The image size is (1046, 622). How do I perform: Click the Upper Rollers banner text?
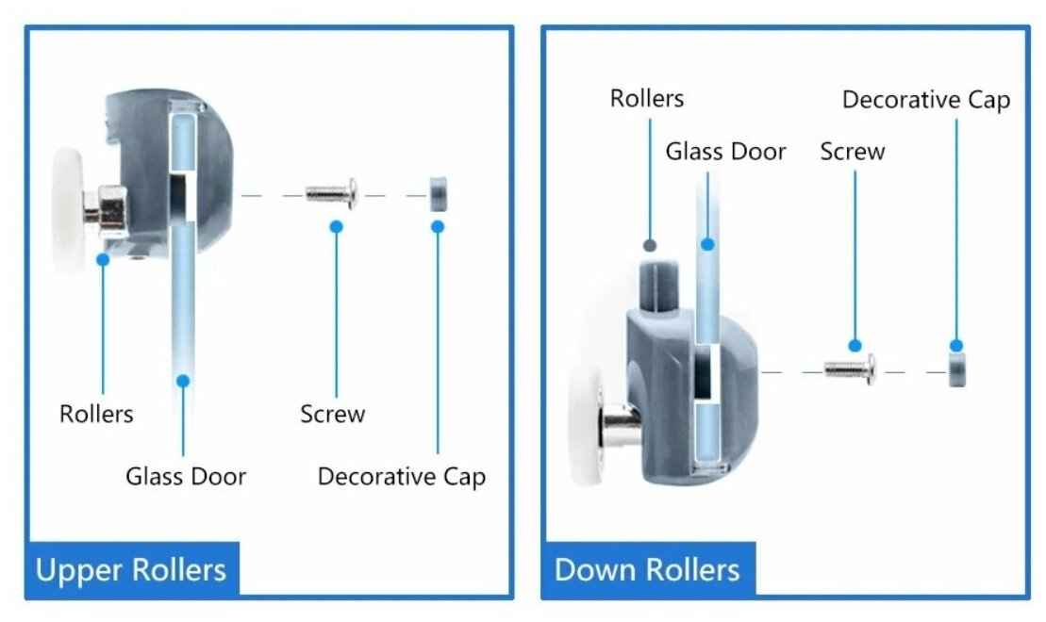click(x=130, y=570)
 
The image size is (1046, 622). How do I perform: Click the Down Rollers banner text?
click(x=647, y=570)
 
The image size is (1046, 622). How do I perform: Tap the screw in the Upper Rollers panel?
click(x=331, y=194)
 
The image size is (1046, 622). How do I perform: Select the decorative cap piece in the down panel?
click(x=956, y=370)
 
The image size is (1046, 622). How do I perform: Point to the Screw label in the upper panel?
click(x=332, y=414)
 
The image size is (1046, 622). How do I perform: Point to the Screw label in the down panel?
click(x=852, y=152)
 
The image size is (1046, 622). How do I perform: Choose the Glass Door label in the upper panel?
click(x=186, y=476)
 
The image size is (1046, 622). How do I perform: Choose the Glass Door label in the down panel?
click(x=725, y=152)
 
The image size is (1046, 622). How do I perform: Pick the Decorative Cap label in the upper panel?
click(x=401, y=476)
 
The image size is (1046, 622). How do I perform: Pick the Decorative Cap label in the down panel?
click(x=925, y=100)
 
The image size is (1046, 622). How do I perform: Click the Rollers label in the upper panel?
click(x=96, y=414)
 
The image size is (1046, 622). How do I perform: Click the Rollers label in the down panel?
click(x=646, y=98)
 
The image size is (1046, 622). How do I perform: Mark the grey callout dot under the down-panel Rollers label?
click(x=649, y=245)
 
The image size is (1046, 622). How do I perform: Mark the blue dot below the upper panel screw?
click(x=335, y=226)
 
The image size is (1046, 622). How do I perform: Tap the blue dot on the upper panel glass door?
click(x=183, y=381)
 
